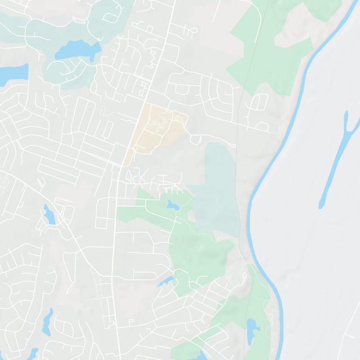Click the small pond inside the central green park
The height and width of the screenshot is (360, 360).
[173, 206]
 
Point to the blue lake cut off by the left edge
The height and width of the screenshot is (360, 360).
[9, 74]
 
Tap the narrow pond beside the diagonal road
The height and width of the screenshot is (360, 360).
[49, 215]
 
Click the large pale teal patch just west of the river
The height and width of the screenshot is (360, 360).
[220, 189]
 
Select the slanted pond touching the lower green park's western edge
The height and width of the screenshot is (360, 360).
[165, 282]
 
